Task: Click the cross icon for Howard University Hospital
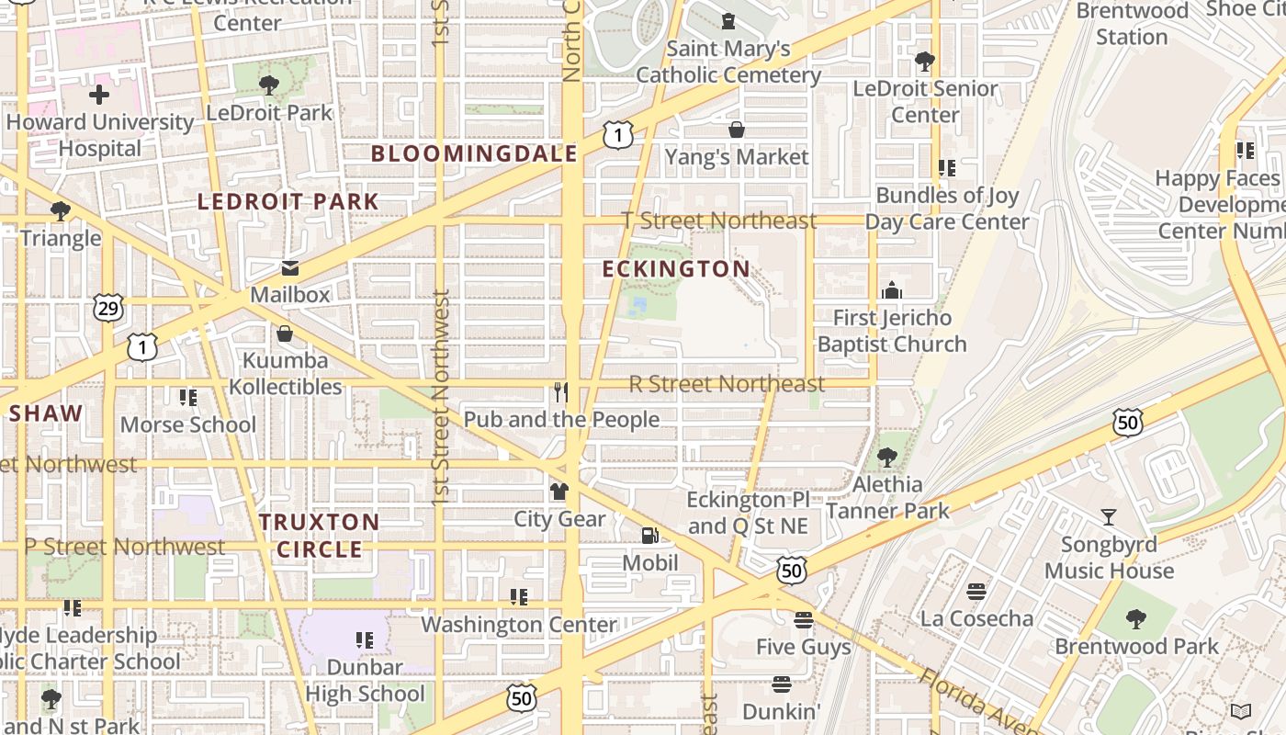point(99,95)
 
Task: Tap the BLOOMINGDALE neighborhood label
point(474,153)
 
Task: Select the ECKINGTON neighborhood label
point(676,268)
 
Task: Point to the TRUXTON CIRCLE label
point(319,536)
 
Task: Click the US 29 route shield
point(108,309)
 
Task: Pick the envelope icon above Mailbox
point(290,268)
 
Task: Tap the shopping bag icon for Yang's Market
point(737,130)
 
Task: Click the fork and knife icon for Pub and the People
point(561,393)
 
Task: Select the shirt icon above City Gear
point(558,492)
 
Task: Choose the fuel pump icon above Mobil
point(649,536)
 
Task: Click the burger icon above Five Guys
point(804,620)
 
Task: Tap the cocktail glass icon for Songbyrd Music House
point(1109,517)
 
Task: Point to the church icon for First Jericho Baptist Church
point(891,291)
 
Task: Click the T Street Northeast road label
point(719,220)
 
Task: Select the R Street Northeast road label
point(727,384)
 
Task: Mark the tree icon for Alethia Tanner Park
point(886,457)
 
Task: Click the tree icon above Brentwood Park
point(1136,619)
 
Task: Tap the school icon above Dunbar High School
point(365,639)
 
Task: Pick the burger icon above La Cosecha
point(976,591)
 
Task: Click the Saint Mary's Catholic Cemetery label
point(728,62)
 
